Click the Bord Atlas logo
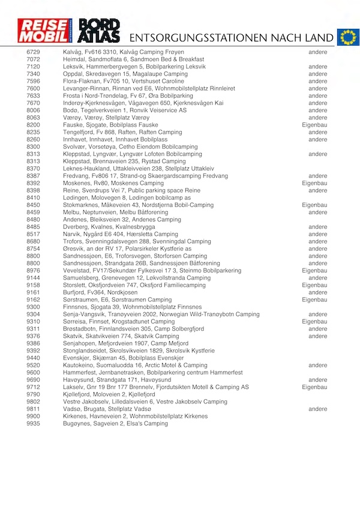100,31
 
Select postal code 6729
34,52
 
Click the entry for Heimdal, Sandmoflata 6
134,59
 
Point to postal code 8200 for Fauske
34,125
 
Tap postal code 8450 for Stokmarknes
34,205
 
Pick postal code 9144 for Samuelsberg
34,278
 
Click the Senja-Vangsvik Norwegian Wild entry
161,315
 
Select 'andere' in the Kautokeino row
317,365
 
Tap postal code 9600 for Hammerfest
34,373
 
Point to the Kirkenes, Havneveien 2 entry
135,417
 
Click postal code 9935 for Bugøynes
34,424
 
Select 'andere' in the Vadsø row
317,409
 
